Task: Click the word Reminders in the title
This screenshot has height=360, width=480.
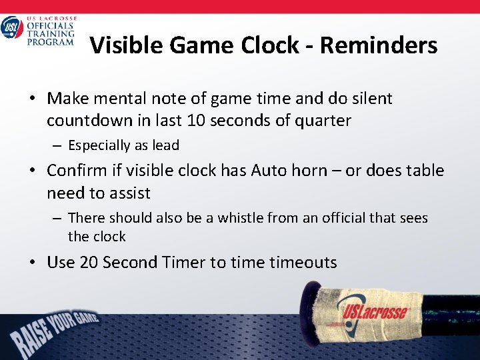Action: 379,45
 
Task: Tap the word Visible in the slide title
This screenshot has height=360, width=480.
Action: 125,45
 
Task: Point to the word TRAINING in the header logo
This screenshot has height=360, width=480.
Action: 50,34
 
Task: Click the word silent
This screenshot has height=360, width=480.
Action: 368,99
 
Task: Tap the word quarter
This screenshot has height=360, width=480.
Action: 325,121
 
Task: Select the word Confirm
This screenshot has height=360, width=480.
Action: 73,171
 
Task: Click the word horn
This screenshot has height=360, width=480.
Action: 310,171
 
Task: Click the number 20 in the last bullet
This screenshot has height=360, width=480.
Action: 88,263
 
